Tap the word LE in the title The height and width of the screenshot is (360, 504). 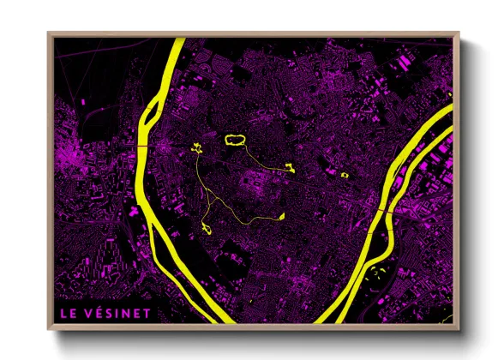click(x=65, y=313)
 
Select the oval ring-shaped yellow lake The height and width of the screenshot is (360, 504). click(x=235, y=139)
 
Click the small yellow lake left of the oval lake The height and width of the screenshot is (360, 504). click(x=197, y=150)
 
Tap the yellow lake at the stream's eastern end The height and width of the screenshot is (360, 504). click(x=290, y=167)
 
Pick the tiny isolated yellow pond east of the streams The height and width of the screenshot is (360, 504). click(x=345, y=175)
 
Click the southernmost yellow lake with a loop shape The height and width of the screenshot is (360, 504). click(x=207, y=226)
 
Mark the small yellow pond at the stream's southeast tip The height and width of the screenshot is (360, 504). click(x=279, y=218)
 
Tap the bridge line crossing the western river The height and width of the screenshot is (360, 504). click(x=140, y=147)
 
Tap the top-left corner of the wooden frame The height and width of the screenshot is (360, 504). click(x=50, y=35)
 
